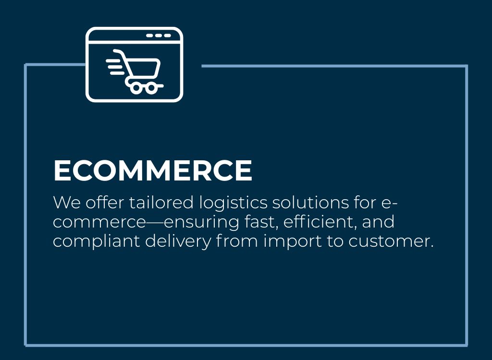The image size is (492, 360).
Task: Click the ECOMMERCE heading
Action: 153,170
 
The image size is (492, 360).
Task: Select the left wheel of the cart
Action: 136,88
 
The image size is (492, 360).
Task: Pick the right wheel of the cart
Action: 151,88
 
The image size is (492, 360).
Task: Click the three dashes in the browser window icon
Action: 159,36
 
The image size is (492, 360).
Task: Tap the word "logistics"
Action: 234,203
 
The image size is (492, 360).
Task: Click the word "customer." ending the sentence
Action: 391,241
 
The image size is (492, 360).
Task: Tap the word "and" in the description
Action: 378,222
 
